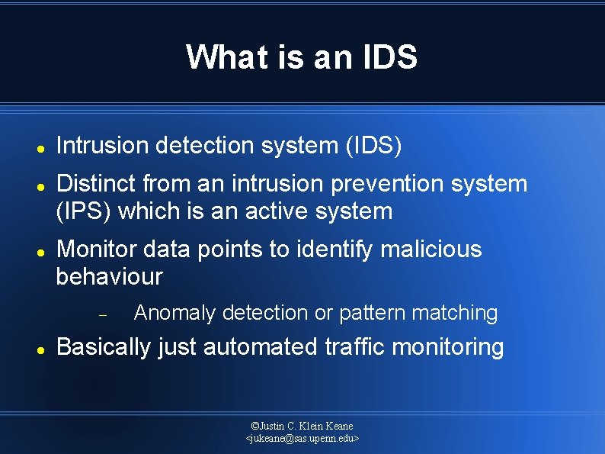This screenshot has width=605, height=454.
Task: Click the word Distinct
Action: (x=96, y=184)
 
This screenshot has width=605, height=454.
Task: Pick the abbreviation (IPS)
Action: (x=85, y=211)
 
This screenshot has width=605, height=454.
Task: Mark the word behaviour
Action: (x=109, y=277)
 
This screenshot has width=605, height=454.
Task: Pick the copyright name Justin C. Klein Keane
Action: (x=302, y=425)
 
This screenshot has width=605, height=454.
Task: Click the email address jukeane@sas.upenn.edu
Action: (x=302, y=439)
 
